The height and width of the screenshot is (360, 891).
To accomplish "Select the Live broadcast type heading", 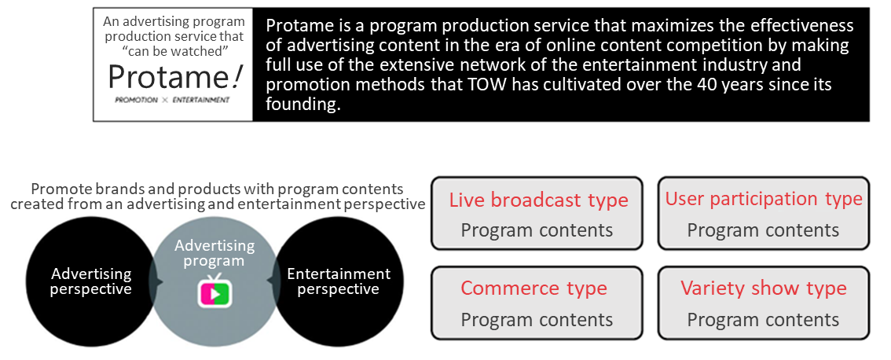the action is click(x=539, y=200).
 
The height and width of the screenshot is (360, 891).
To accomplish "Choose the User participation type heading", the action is click(x=764, y=200).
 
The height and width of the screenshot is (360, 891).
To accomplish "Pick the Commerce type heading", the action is click(x=534, y=288).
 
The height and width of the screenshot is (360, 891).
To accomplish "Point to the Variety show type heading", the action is click(x=764, y=288).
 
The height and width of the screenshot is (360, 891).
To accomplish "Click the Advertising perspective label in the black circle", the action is click(x=91, y=281).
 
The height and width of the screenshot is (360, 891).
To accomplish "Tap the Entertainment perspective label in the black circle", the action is click(x=339, y=281).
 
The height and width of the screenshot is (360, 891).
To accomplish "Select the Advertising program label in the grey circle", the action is click(x=214, y=253).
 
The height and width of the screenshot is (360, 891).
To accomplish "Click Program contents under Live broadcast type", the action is click(x=537, y=230).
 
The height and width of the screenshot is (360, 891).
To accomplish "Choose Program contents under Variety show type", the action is click(x=763, y=320).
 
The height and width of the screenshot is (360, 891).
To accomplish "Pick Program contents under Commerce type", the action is click(x=537, y=320).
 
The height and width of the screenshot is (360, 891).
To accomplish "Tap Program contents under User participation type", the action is click(x=763, y=230).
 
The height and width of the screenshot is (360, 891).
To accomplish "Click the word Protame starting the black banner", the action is click(x=295, y=26).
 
